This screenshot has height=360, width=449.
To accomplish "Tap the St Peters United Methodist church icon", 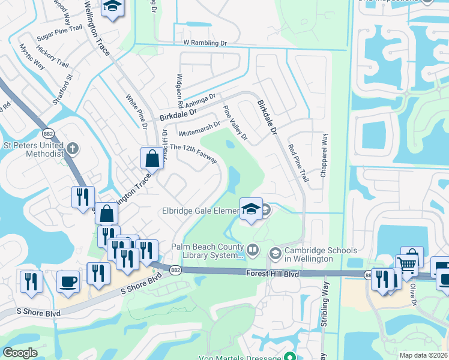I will point(73,147).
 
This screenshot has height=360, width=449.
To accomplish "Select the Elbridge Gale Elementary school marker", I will point(251,210).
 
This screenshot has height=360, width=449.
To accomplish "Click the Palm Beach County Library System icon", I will point(253,248).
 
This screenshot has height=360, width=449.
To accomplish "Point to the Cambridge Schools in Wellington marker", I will point(275,254).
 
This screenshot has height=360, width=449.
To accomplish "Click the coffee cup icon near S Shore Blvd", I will point(68,281).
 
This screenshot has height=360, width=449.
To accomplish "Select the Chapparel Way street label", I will point(324,154).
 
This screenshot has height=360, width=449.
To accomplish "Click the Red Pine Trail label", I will point(298,163).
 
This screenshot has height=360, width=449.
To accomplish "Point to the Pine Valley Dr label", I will point(235,123).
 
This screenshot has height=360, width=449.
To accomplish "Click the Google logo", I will point(20,353).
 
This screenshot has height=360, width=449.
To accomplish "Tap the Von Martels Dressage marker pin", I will point(291,356).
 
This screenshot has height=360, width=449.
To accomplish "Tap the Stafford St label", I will point(62,90).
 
